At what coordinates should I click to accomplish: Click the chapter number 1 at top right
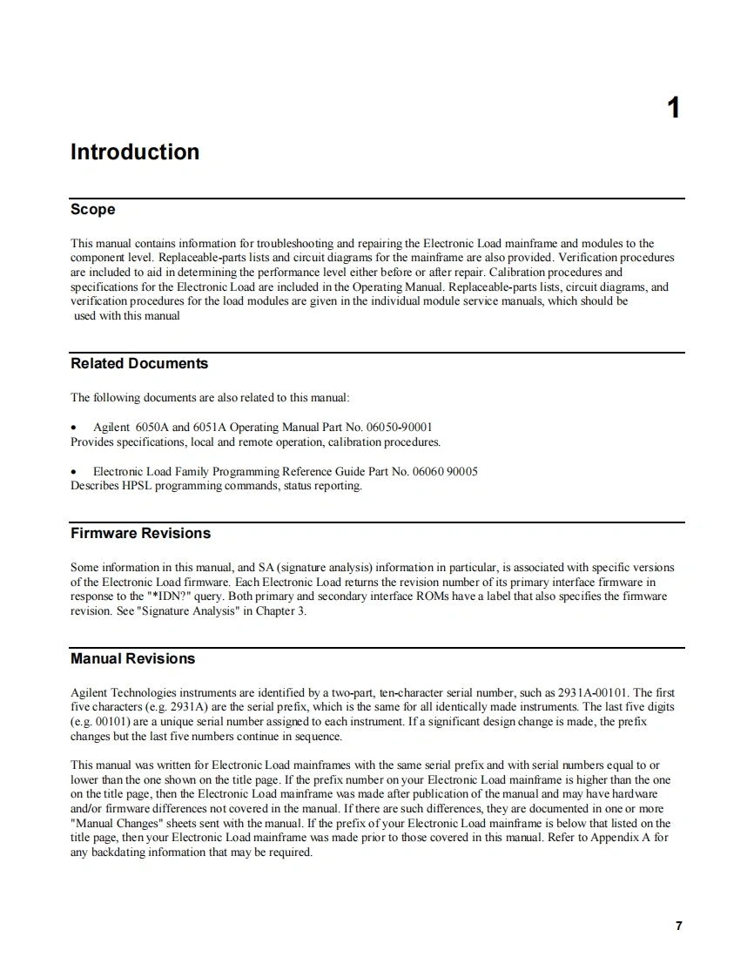click(x=673, y=109)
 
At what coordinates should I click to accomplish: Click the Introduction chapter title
click(x=135, y=152)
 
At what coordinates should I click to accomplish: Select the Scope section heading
click(x=92, y=210)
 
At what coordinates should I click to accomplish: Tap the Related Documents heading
click(x=139, y=363)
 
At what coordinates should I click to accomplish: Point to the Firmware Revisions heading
click(x=140, y=533)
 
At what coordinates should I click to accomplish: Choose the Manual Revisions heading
click(x=132, y=658)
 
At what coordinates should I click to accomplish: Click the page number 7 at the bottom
click(x=678, y=926)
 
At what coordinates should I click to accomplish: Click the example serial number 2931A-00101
click(x=592, y=693)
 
